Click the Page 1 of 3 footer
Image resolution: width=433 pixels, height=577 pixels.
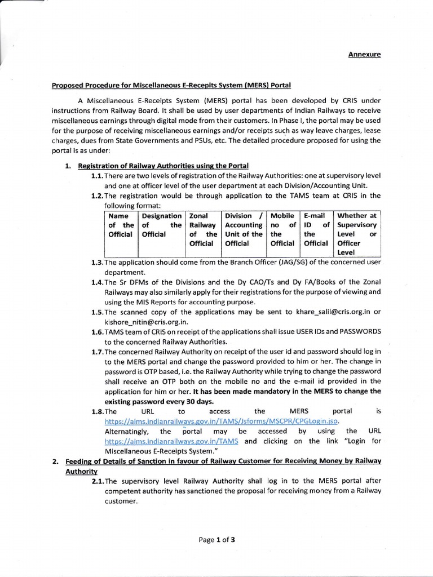216,539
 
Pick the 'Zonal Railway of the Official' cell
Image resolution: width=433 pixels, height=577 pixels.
203,229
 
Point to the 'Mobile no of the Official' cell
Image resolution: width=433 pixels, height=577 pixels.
283,229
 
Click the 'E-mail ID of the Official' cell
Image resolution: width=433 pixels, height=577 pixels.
316,229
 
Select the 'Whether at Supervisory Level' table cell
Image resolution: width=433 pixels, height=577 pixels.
357,233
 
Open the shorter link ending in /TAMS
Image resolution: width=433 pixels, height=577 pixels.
171,441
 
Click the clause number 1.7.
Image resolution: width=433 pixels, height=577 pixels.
97,352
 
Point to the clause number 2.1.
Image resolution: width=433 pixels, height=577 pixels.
97,481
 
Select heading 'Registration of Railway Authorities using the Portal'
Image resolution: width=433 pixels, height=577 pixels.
163,165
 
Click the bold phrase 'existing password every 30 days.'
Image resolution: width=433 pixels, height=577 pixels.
160,401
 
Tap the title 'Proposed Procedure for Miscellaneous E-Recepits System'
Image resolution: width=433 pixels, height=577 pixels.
171,86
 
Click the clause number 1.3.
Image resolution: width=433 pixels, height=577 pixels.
97,263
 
